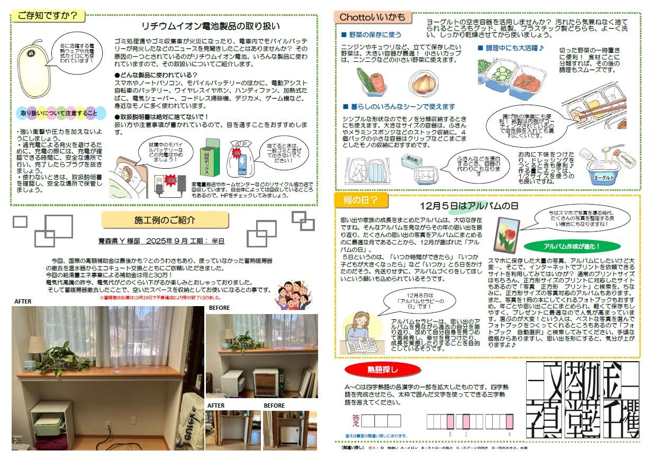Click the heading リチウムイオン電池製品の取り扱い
coord(211,26)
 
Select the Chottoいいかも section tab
coord(373,17)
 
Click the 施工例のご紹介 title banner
coord(165,219)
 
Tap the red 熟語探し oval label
coord(383,369)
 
